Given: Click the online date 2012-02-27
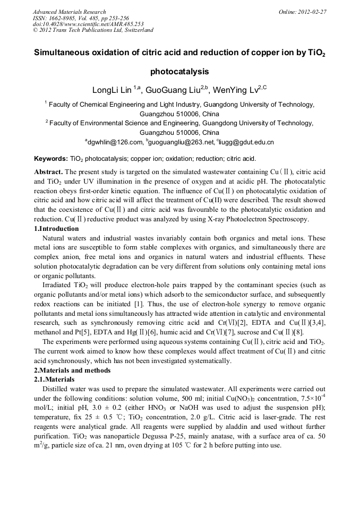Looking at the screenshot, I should (310, 11).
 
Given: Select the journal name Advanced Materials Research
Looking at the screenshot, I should (69, 11).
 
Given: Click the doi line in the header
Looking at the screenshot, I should (88, 24).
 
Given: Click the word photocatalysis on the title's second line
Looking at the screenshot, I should (179, 71).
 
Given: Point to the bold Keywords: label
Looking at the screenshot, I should (51, 158).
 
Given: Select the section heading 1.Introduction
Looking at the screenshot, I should (56, 229).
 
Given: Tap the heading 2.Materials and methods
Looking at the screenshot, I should (72, 370).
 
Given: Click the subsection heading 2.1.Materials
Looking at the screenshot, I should (54, 379).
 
